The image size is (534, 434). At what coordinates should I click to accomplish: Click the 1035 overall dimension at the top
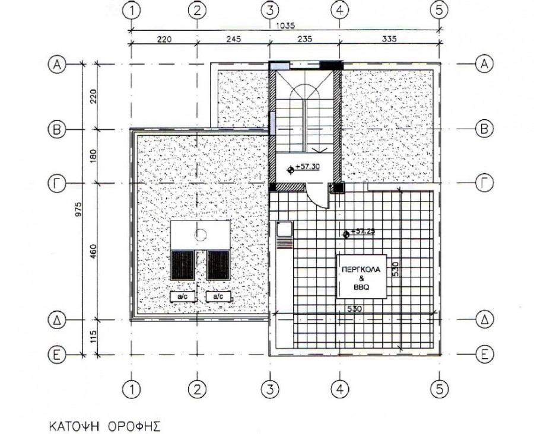pyautogui.click(x=285, y=25)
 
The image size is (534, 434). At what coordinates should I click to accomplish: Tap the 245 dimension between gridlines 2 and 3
pyautogui.click(x=233, y=39)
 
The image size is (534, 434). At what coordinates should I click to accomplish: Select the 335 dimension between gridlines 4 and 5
pyautogui.click(x=389, y=39)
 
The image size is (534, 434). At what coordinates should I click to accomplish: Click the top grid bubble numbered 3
pyautogui.click(x=270, y=11)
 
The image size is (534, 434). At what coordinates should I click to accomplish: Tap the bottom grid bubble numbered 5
pyautogui.click(x=439, y=388)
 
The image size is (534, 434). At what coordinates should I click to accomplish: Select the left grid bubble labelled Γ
pyautogui.click(x=57, y=184)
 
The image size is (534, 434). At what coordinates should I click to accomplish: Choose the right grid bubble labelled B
pyautogui.click(x=484, y=129)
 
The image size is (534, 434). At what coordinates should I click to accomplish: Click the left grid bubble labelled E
pyautogui.click(x=57, y=355)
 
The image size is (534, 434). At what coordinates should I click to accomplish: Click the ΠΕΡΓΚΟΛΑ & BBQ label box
pyautogui.click(x=361, y=276)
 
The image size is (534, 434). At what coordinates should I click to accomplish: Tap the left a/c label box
pyautogui.click(x=183, y=297)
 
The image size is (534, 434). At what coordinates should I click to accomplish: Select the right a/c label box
pyautogui.click(x=218, y=297)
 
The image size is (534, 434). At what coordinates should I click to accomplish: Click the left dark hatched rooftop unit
pyautogui.click(x=183, y=265)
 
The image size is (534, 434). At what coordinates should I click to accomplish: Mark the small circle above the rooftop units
pyautogui.click(x=201, y=235)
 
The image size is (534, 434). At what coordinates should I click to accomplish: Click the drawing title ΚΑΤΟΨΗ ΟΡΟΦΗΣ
pyautogui.click(x=105, y=426)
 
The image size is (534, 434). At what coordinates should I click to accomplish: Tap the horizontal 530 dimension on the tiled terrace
pyautogui.click(x=354, y=309)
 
